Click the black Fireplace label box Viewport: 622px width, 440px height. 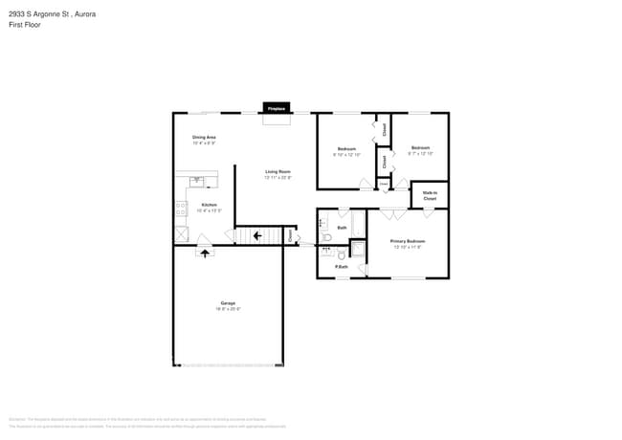[278, 109]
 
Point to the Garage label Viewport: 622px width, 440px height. [227, 305]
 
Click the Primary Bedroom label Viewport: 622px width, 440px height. [408, 243]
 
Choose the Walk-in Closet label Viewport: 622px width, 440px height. [430, 195]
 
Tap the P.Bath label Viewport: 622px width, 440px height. [341, 267]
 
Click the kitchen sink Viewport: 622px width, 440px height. [197, 180]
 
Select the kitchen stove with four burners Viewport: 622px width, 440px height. [180, 207]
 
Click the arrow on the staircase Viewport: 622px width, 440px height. [256, 234]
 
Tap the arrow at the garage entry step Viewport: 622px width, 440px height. [203, 252]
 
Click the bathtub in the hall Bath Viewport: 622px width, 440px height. [358, 224]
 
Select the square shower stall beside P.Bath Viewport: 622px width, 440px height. [357, 250]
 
